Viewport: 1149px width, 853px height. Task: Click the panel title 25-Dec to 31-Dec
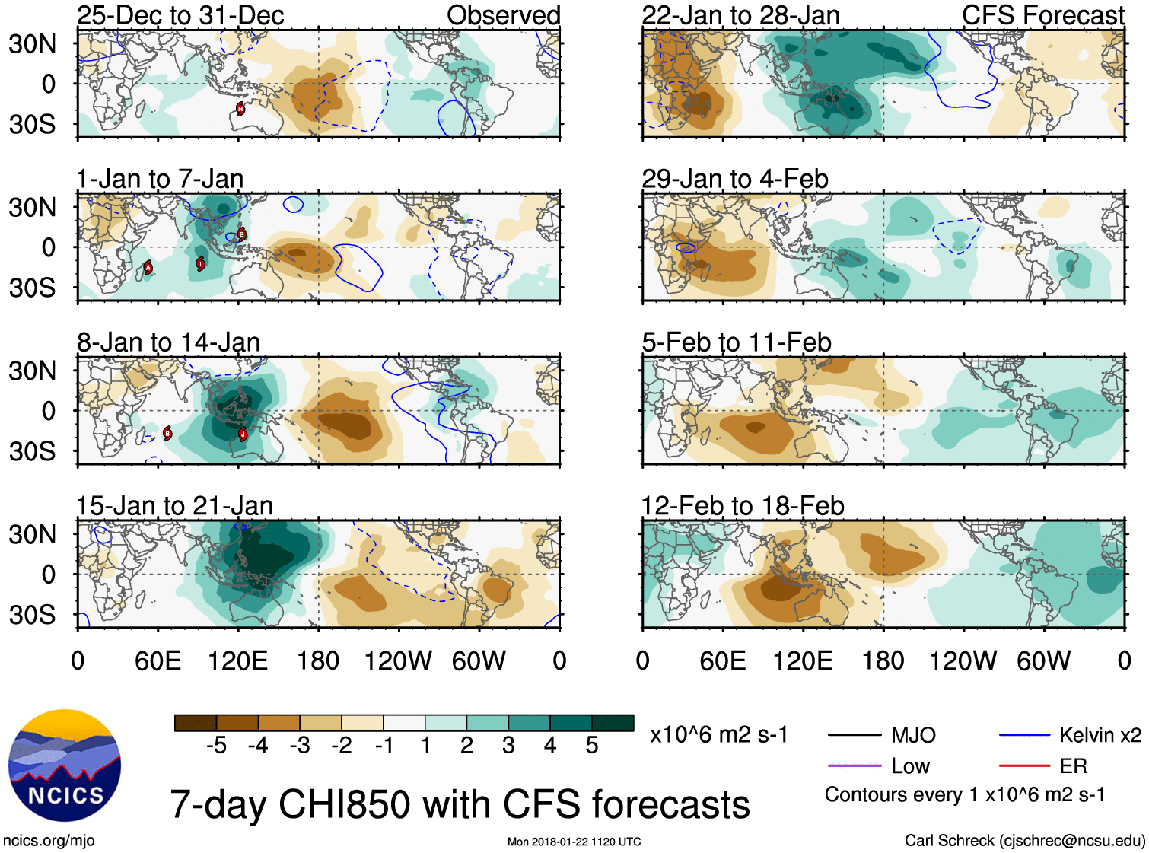click(180, 15)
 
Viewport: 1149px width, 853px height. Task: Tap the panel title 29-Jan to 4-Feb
click(734, 179)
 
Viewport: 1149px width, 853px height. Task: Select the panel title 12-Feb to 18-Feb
click(743, 506)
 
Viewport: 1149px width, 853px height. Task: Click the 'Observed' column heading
click(503, 15)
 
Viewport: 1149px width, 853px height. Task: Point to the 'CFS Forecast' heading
click(1042, 15)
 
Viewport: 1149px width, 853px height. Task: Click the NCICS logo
click(65, 765)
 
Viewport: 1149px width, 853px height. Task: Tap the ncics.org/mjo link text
click(49, 840)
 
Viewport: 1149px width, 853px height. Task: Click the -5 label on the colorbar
click(216, 746)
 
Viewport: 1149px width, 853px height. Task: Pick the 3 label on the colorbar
click(508, 746)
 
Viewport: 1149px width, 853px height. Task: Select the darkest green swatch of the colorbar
click(613, 723)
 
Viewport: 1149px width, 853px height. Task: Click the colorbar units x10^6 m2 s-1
click(718, 735)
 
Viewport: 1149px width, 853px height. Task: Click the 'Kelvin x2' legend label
click(1100, 735)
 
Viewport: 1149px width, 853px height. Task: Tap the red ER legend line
click(1024, 766)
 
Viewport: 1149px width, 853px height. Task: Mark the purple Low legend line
click(854, 766)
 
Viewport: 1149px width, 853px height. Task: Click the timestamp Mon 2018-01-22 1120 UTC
click(574, 842)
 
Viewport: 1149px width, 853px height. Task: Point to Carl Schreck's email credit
click(1024, 840)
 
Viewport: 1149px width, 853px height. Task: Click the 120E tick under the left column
click(238, 660)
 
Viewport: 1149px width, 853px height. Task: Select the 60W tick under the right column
click(1043, 660)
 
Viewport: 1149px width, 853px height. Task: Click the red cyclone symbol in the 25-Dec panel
click(240, 109)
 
